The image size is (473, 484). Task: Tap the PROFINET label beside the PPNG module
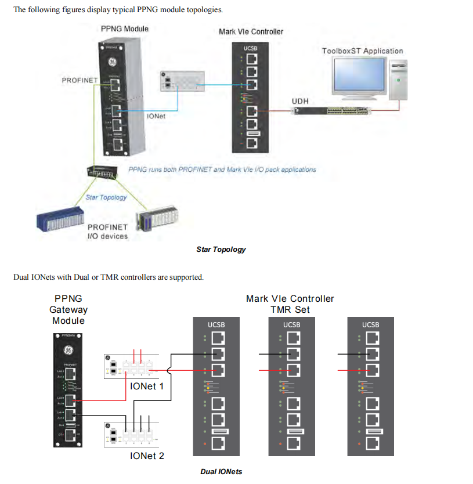80,80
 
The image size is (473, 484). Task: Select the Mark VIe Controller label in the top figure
251,31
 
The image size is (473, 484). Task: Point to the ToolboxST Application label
362,51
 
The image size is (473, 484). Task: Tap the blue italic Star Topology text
106,197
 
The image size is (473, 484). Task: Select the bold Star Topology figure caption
221,250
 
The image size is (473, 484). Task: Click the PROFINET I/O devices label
107,232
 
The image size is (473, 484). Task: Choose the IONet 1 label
147,386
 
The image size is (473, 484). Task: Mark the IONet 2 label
147,456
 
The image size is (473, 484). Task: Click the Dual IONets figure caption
221,471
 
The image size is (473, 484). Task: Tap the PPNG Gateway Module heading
68,309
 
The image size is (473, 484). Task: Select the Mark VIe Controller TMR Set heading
290,304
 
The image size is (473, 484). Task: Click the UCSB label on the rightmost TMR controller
370,324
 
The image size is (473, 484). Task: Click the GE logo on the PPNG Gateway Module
68,350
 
